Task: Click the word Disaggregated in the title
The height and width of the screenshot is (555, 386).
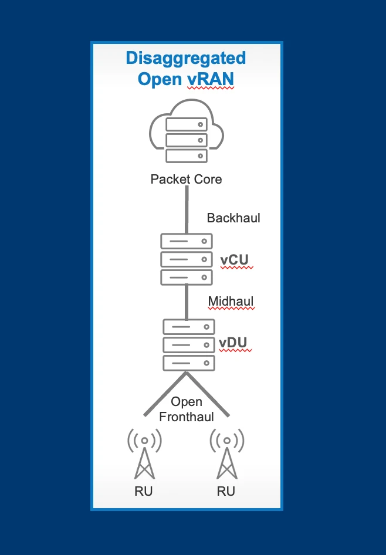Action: (x=186, y=59)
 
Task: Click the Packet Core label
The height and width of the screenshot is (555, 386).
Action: (x=187, y=179)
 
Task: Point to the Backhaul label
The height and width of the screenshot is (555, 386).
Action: (x=233, y=218)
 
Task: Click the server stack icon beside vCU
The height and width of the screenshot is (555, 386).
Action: (x=186, y=259)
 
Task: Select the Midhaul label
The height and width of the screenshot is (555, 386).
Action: (x=231, y=302)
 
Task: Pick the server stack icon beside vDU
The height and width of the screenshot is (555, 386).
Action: (x=188, y=344)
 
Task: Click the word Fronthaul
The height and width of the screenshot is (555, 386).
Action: (x=187, y=417)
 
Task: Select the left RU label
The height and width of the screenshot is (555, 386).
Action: (x=144, y=492)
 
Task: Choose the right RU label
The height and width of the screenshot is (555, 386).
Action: (x=226, y=492)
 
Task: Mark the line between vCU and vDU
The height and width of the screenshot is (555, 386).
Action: (x=187, y=300)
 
